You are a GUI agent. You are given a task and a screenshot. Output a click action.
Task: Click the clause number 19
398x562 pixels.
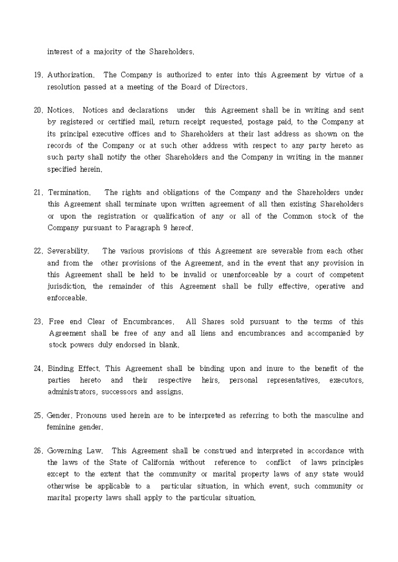coord(37,75)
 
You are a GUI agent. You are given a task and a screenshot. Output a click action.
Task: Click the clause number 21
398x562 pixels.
coord(37,192)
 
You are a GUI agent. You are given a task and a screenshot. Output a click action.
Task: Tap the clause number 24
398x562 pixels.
coord(37,369)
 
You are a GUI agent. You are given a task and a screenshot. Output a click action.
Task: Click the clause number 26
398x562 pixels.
coord(37,450)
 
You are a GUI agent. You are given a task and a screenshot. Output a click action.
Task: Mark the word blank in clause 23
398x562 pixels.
coord(169,345)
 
